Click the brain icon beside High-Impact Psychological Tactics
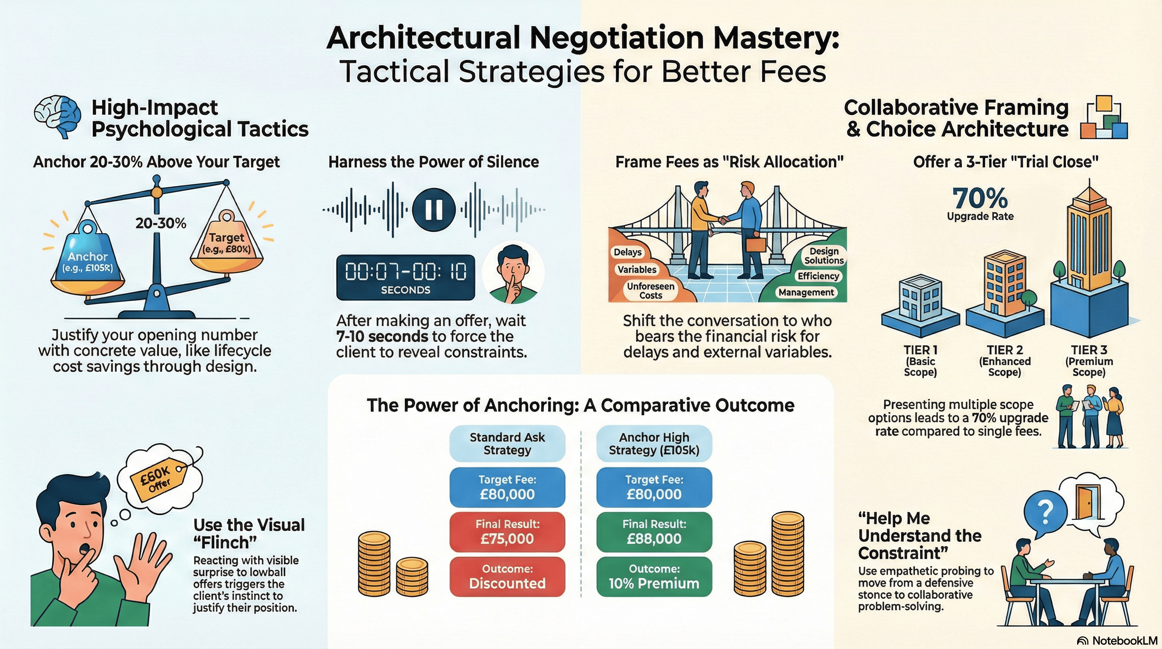pyautogui.click(x=58, y=117)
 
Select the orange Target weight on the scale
pyautogui.click(x=226, y=244)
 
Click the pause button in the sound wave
pyautogui.click(x=434, y=210)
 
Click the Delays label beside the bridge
pyautogui.click(x=627, y=252)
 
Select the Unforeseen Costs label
pyautogui.click(x=651, y=291)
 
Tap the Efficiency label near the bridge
pyautogui.click(x=818, y=276)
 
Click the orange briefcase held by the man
pyautogui.click(x=755, y=244)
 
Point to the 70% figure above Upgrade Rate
pyautogui.click(x=979, y=198)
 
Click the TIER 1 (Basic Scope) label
pyautogui.click(x=920, y=360)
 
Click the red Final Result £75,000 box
pyautogui.click(x=507, y=532)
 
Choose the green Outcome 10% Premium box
pyautogui.click(x=654, y=577)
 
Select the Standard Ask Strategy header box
pyautogui.click(x=507, y=443)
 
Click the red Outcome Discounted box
pyautogui.click(x=507, y=577)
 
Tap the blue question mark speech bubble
pyautogui.click(x=1045, y=513)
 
